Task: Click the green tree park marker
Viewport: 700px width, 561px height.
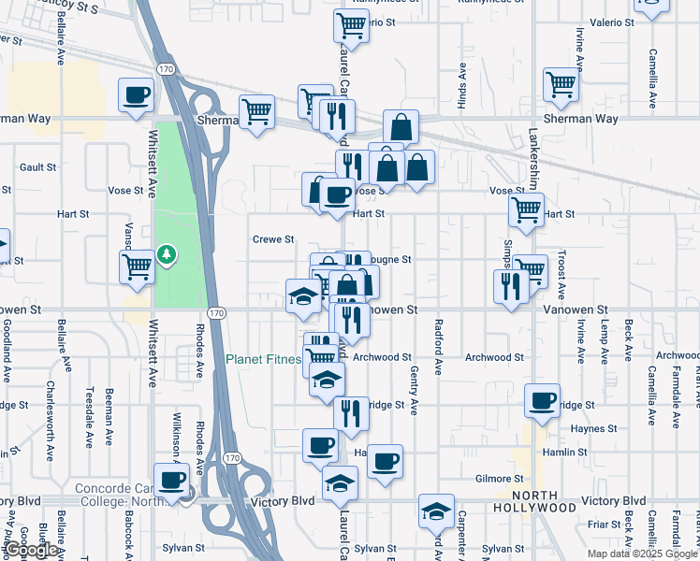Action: point(167,254)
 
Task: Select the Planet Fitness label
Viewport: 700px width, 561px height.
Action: point(263,359)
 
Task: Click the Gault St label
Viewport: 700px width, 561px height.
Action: point(38,167)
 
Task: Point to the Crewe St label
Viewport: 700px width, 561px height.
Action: point(273,239)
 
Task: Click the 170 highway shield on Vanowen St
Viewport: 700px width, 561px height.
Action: point(216,312)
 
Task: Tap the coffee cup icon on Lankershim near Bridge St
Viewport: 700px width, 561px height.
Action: point(542,401)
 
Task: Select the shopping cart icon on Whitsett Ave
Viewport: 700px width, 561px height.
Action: point(138,267)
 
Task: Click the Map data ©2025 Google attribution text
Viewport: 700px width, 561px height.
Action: point(642,554)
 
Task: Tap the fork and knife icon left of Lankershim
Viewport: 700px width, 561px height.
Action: point(511,286)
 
